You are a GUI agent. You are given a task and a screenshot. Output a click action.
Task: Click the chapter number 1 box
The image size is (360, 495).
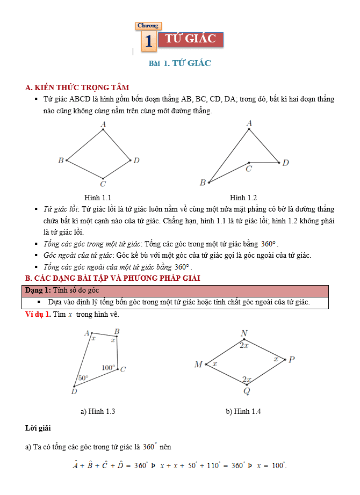click(x=149, y=41)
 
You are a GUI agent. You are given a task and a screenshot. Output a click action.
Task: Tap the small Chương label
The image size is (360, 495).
click(x=148, y=26)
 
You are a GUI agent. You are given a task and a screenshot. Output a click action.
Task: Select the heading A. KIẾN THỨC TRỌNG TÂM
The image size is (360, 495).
click(x=77, y=88)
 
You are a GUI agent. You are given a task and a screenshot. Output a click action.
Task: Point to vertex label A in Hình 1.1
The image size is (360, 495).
click(x=103, y=125)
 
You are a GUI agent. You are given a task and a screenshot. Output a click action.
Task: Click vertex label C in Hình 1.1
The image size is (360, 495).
click(x=103, y=184)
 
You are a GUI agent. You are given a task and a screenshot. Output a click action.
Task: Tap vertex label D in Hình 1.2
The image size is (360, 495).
click(x=286, y=163)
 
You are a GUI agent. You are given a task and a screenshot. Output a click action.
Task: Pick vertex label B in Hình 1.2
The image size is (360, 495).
click(x=203, y=183)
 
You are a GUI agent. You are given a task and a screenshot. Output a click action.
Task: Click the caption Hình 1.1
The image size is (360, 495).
click(x=98, y=198)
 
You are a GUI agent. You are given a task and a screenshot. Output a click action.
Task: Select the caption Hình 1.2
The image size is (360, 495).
click(x=243, y=198)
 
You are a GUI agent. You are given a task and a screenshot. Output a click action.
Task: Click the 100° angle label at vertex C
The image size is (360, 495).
click(x=109, y=368)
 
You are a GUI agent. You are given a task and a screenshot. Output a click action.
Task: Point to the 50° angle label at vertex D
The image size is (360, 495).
click(x=83, y=378)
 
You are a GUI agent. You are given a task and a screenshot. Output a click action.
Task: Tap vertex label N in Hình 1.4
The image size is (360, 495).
click(x=244, y=334)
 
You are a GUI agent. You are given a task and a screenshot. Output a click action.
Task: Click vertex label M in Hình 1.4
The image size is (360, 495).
click(x=198, y=365)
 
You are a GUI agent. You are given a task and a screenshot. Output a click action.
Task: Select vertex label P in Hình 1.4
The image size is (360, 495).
click(x=291, y=360)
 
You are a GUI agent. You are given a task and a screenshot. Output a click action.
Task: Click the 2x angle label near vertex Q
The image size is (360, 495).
click(x=246, y=380)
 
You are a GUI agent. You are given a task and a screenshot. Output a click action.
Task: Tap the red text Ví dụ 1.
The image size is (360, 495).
click(x=38, y=314)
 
